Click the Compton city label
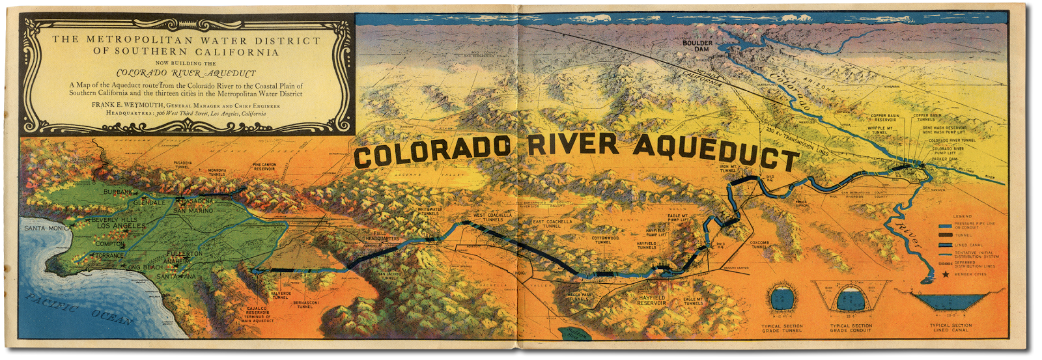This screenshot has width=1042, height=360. coord(110,244)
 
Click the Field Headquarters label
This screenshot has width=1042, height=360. coord(382,236)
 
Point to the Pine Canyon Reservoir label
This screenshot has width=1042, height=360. coord(265,167)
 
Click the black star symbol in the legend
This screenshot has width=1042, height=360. coord(946,275)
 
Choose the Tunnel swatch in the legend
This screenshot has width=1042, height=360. coord(946,235)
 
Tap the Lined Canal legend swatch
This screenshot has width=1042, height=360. coord(946,245)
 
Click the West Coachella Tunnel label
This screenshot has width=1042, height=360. coord(492,217)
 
